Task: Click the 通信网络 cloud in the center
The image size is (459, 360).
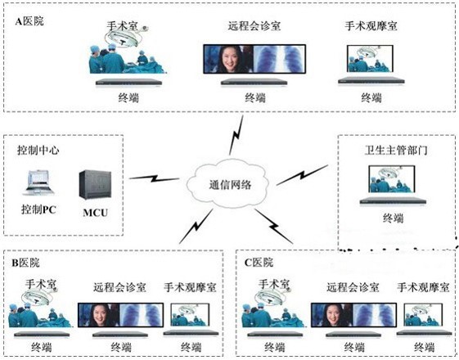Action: pos(227,185)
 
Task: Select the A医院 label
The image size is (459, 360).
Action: pos(29,21)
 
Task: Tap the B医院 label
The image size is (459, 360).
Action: pos(25,263)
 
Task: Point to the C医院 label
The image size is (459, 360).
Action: pos(259,263)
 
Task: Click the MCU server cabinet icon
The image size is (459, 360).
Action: pos(95,185)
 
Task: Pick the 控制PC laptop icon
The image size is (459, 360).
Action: pos(38,183)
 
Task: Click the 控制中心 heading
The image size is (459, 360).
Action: pos(38,151)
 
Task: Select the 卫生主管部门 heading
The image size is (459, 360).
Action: pos(396,151)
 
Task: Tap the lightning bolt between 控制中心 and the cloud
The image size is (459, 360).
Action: pos(155,178)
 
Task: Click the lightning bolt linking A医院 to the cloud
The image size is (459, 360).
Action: pos(236,135)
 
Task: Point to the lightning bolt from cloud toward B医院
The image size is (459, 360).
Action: pos(196,226)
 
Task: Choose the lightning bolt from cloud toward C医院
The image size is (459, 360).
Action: pos(274,226)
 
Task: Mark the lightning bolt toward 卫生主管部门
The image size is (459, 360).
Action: pos(302,175)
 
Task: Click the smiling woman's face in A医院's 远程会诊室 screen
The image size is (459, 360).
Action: pos(229,60)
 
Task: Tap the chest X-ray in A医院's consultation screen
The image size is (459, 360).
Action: pos(279,59)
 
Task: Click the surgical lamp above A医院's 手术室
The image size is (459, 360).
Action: pos(124,38)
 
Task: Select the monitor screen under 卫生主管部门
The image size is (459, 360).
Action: pos(392,179)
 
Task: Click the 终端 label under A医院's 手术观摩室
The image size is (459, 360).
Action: pos(371,97)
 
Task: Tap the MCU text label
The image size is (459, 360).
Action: pos(96,213)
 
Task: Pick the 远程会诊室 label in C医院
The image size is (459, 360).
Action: pos(353,287)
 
